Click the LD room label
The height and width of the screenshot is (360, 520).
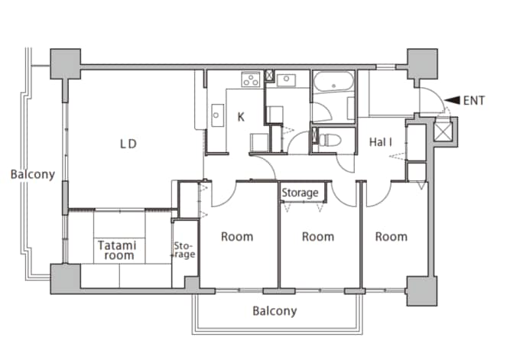click(128, 144)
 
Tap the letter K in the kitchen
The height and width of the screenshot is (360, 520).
click(241, 117)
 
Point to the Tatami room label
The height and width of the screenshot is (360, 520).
click(117, 250)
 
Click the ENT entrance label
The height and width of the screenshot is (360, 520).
click(474, 100)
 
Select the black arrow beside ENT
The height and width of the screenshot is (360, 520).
click(452, 100)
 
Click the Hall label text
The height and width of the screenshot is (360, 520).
click(381, 142)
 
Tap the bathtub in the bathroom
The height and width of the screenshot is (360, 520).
click(333, 81)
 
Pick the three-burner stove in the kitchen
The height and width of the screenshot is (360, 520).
click(250, 79)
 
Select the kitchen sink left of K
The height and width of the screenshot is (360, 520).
click(217, 115)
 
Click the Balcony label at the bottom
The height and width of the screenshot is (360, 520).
click(275, 311)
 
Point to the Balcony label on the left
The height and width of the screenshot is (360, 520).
click(32, 174)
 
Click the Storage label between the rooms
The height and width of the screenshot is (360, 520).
click(300, 193)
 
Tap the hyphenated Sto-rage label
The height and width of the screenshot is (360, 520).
click(184, 250)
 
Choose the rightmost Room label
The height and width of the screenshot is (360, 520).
click(392, 237)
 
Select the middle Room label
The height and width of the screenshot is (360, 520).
click(318, 237)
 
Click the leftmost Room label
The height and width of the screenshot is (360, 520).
click(237, 237)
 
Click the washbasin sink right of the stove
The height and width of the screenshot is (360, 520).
click(286, 79)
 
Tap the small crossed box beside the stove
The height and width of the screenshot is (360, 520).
click(269, 75)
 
